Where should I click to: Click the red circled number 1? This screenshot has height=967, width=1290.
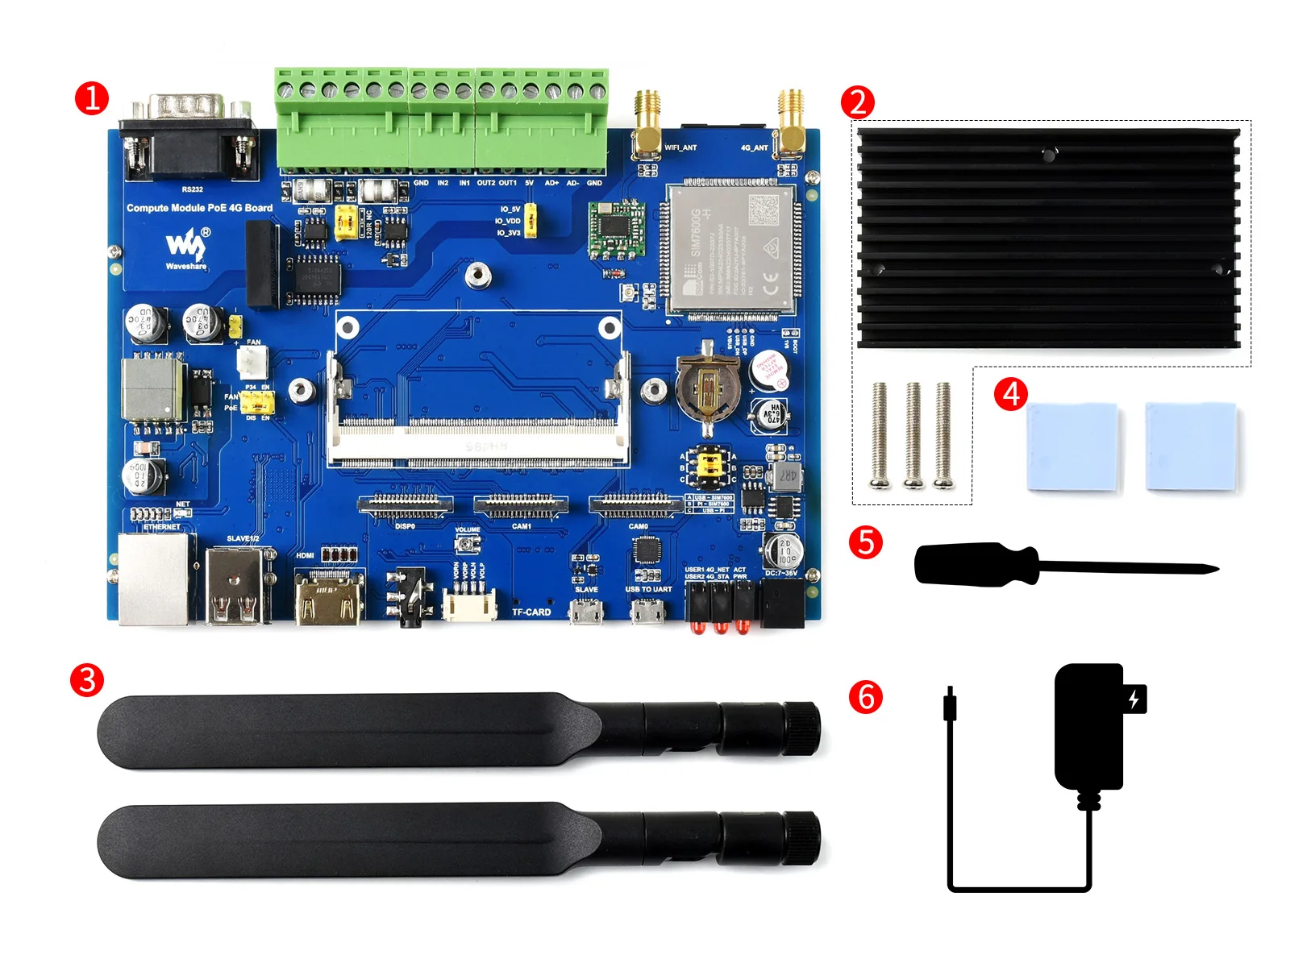tap(91, 98)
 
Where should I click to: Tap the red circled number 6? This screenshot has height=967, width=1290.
tap(866, 697)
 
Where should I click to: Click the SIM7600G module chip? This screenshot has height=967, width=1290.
tap(730, 248)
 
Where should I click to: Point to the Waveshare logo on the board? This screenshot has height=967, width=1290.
tap(186, 247)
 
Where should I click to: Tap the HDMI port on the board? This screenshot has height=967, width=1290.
tap(328, 600)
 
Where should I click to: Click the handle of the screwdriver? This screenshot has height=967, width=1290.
tap(976, 565)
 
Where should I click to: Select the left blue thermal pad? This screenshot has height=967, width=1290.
tap(1072, 446)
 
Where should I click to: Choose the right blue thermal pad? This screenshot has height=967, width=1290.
tap(1191, 446)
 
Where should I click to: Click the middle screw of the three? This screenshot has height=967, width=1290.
tap(913, 435)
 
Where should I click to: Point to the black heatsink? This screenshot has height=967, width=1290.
tap(1047, 239)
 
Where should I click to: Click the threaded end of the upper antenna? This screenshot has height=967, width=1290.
tap(801, 728)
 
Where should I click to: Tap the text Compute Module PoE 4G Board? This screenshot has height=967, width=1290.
tap(199, 208)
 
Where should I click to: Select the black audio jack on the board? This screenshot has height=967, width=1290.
tap(408, 597)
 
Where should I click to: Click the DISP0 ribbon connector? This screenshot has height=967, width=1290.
tap(406, 505)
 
